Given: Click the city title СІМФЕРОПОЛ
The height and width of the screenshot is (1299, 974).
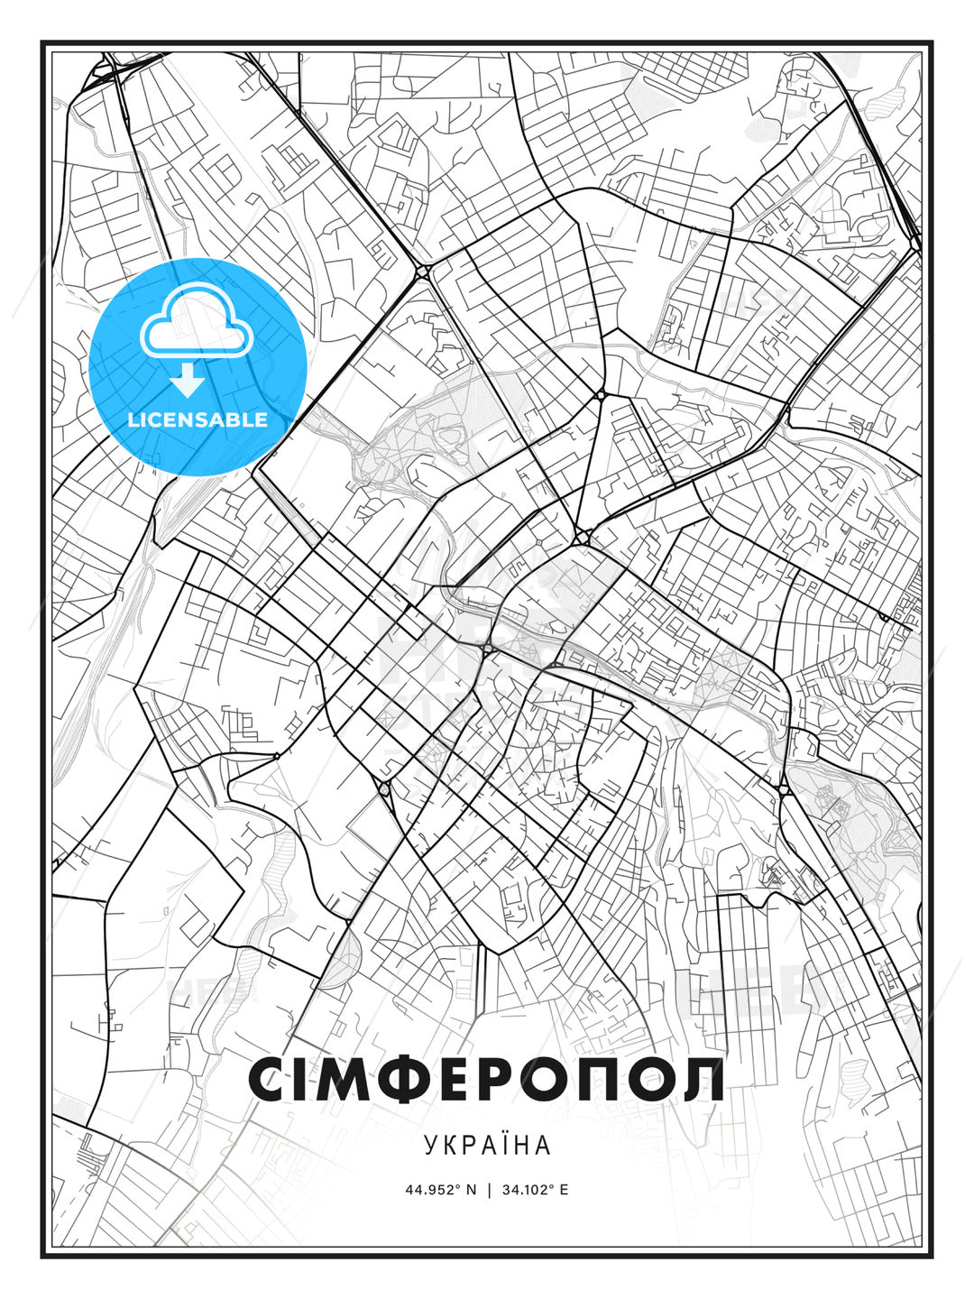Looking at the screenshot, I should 486,1079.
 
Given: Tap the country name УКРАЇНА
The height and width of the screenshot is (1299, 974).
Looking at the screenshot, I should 486,1145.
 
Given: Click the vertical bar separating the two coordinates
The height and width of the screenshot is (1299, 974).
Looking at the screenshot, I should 488,1189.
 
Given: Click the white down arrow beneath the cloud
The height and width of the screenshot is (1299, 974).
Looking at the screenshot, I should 188,382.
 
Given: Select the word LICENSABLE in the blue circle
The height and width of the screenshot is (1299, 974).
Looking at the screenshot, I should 198,419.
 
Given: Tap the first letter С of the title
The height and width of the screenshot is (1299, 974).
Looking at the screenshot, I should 268,1079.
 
